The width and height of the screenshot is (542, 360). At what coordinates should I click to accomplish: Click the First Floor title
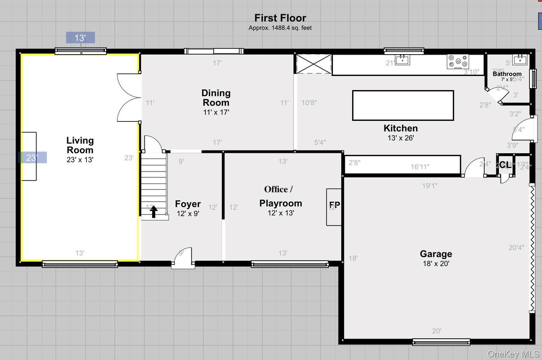click(280, 18)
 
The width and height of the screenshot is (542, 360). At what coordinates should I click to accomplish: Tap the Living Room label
click(80, 145)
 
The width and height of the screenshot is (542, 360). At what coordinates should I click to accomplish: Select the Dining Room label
click(216, 98)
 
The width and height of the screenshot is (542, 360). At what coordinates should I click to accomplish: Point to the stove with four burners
click(457, 62)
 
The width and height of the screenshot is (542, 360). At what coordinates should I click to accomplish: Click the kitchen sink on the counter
click(403, 59)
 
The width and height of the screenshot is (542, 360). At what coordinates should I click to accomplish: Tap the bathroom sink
click(520, 59)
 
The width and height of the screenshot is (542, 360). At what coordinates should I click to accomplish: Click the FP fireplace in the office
click(334, 206)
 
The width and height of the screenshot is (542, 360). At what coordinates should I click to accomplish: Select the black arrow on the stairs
click(154, 211)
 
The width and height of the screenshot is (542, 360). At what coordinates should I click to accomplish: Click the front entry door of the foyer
click(183, 260)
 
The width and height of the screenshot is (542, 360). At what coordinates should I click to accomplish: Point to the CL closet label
click(504, 165)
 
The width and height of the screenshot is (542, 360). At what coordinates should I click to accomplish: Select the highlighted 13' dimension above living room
click(80, 38)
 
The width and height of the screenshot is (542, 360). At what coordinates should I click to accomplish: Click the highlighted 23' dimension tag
click(32, 158)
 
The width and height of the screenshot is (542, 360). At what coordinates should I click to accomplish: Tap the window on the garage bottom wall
click(441, 342)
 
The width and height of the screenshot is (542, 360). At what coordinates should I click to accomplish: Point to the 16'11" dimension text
click(420, 167)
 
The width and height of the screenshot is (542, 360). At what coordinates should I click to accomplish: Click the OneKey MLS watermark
click(513, 354)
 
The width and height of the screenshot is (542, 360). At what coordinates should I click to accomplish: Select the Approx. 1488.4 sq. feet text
click(280, 28)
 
